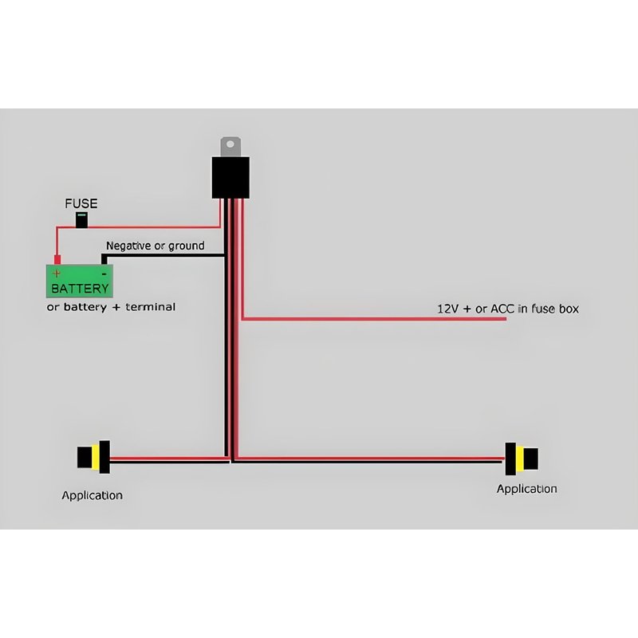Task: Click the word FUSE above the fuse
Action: point(81,203)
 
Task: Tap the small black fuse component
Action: point(82,221)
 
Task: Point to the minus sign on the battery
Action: point(104,273)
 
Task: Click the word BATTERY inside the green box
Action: point(79,288)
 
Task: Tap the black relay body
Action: point(230,177)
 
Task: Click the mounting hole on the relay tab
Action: point(230,144)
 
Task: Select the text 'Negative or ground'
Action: point(155,246)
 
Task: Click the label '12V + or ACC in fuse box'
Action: point(507,308)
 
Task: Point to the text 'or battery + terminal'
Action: point(111,306)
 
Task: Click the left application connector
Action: point(93,457)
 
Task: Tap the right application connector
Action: point(522,458)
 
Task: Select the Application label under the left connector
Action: point(93,495)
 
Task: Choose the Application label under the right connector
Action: point(526,489)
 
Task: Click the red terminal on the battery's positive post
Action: point(57,259)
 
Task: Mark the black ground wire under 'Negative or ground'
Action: point(163,255)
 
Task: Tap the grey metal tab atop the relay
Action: point(230,146)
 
